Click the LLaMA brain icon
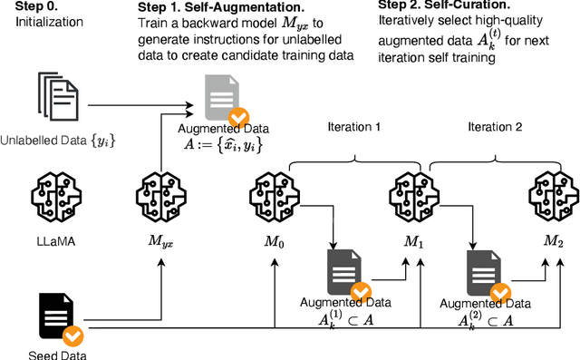[x=56, y=197]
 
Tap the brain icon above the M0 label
[x=275, y=197]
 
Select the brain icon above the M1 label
[x=414, y=197]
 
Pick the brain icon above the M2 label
[x=554, y=197]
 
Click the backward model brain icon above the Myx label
[x=161, y=197]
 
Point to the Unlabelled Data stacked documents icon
[x=58, y=96]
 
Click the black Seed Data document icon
[x=56, y=316]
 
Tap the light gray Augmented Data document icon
[x=222, y=97]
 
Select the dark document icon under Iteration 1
[x=344, y=272]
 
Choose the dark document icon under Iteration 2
[x=484, y=273]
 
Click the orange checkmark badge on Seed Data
[x=72, y=336]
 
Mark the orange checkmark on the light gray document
[x=238, y=118]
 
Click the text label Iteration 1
[x=353, y=127]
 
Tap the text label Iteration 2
[x=495, y=127]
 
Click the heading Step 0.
[x=36, y=6]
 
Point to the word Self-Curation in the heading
[x=468, y=5]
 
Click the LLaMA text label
[x=56, y=241]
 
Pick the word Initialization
[x=49, y=22]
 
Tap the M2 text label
[x=554, y=241]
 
